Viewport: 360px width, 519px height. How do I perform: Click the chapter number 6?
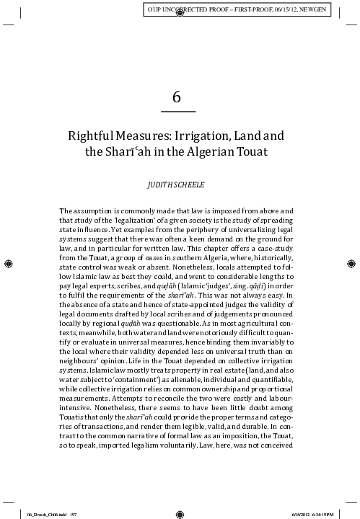[x=178, y=97]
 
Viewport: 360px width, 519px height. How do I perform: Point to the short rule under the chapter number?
[x=178, y=112]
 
